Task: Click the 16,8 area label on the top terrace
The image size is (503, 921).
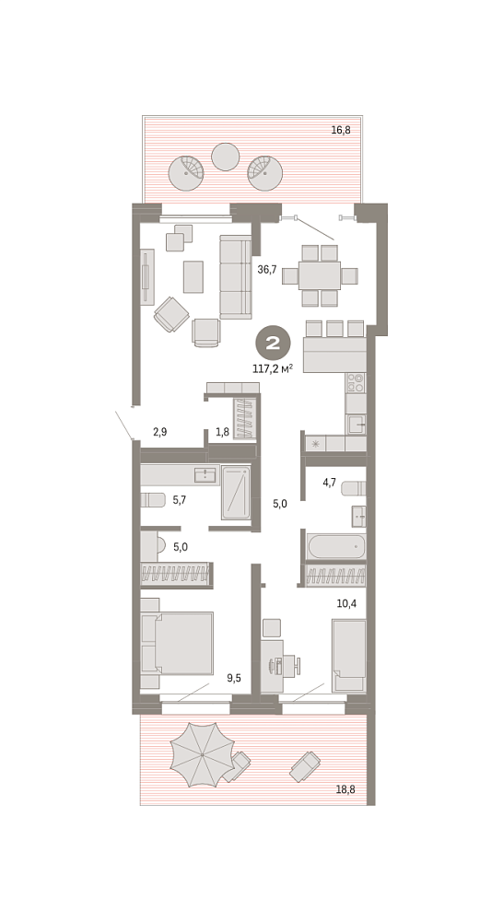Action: (341, 131)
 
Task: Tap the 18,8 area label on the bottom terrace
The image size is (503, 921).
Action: (345, 789)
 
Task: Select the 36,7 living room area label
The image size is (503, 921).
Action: (267, 270)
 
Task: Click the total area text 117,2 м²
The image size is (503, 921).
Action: (273, 369)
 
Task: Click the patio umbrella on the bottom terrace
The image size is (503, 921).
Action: (202, 755)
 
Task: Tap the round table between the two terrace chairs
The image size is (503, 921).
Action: (225, 157)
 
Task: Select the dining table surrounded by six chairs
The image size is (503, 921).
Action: (320, 275)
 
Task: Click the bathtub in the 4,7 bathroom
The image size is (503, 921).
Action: (336, 546)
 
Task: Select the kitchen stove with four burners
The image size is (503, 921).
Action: (356, 382)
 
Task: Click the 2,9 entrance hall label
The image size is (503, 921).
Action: (159, 432)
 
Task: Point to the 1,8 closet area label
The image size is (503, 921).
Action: (222, 432)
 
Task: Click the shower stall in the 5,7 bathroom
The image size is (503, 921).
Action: (236, 493)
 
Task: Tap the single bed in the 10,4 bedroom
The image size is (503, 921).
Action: (349, 655)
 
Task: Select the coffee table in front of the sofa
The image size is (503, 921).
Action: (193, 276)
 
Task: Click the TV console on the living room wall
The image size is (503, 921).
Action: (146, 276)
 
